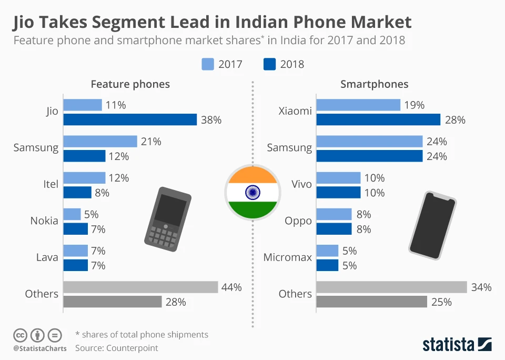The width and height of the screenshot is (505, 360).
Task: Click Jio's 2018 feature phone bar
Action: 130,120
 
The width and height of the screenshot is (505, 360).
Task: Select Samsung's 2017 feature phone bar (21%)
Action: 100,142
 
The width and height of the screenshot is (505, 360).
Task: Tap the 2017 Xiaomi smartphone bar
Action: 358,105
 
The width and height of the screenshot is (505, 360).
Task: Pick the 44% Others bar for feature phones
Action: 140,287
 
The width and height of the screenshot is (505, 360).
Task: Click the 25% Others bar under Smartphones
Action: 371,302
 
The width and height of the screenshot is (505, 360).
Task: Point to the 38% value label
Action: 211,120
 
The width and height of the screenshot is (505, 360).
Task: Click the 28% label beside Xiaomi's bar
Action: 455,120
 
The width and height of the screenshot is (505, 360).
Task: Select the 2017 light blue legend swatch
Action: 207,64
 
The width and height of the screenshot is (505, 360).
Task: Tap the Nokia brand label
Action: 44,221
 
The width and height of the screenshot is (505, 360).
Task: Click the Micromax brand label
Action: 288,257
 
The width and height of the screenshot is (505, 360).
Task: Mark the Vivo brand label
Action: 301,184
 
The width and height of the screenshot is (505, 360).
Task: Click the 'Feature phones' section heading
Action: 130,84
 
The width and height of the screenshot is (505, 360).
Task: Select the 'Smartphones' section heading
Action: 374,84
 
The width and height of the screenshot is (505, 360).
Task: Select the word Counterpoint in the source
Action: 132,348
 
